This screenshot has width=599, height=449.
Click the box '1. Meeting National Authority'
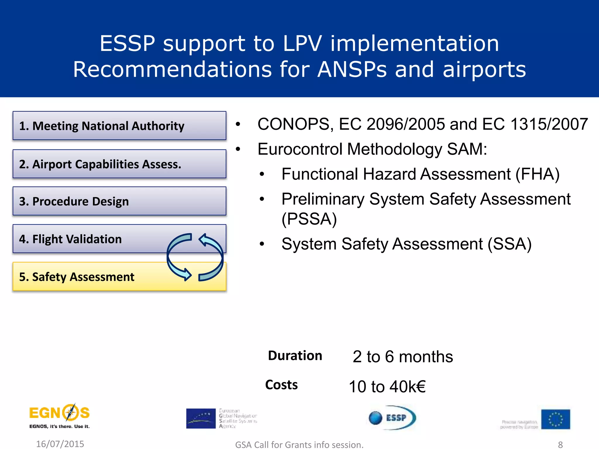pos(119,126)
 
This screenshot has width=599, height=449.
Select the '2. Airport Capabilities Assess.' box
pos(119,164)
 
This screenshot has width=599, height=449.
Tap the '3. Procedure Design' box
pos(119,201)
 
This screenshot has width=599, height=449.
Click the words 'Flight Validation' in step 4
pos(77,239)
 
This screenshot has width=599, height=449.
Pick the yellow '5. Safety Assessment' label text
pos(77,277)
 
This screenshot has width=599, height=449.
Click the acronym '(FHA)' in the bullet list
pos(538,174)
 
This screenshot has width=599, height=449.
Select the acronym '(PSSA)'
pos(309,219)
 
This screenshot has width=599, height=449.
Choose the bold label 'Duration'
pos(295,356)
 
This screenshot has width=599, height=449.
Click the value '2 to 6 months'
pos(402,357)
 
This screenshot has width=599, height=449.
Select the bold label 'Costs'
pos(281,385)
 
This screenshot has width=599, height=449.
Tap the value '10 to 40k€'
pos(387,386)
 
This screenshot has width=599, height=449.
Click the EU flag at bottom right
pos(555,419)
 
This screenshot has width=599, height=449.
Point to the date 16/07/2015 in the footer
pos(60,444)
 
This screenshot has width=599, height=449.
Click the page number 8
pos(560,445)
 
